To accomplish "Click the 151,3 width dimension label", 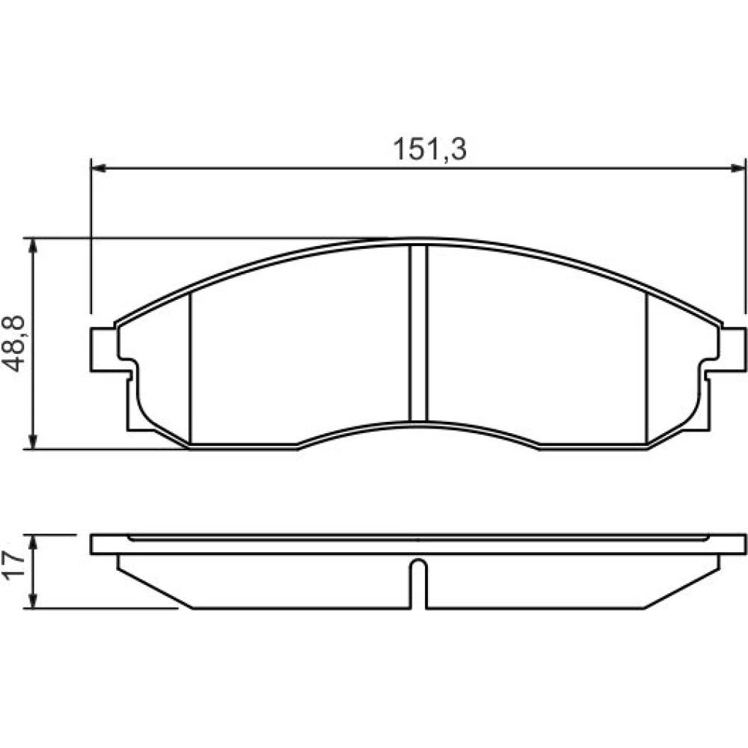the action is [x=429, y=150].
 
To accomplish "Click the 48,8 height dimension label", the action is [x=13, y=343].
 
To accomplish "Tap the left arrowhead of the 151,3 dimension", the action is [x=97, y=168].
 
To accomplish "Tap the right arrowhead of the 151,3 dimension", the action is [x=738, y=168].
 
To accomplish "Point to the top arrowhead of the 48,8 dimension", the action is [x=33, y=245].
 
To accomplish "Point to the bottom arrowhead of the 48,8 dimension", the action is [x=33, y=442].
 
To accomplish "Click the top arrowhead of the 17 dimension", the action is [x=33, y=542].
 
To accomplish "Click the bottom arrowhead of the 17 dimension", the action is [x=33, y=601].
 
